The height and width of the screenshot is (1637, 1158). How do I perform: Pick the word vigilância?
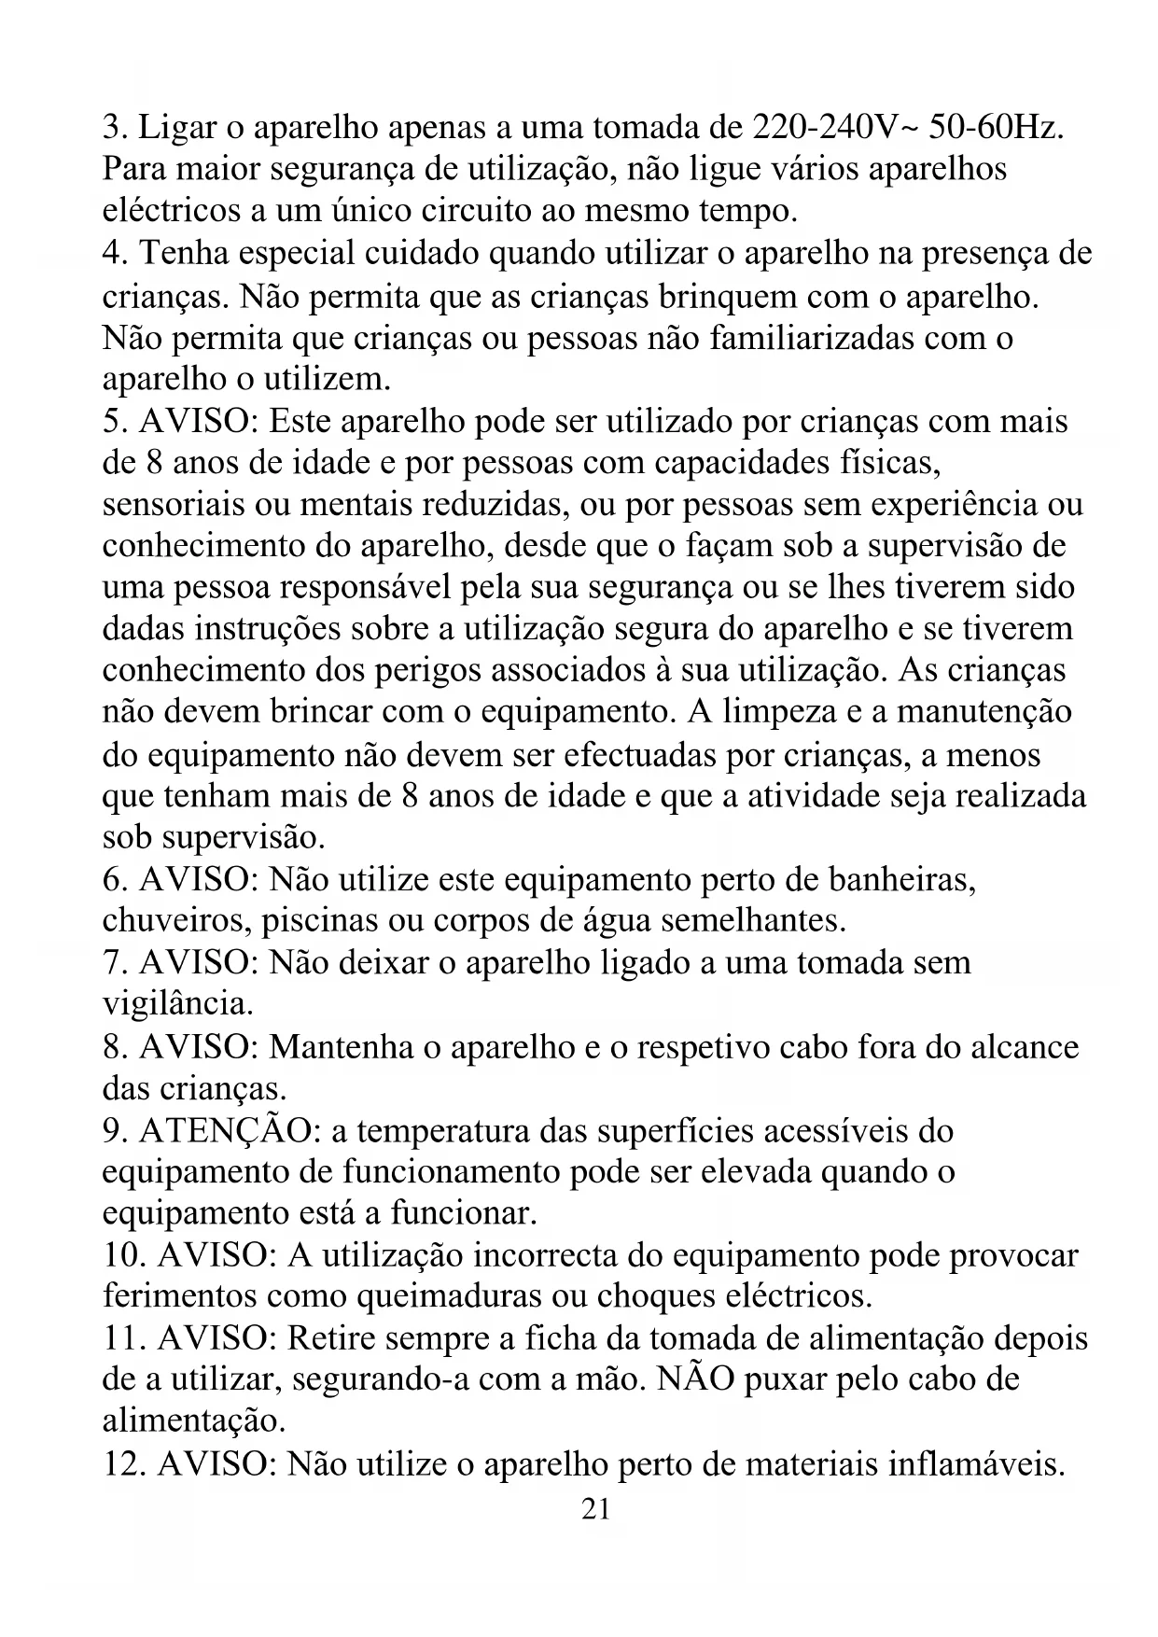[176, 1004]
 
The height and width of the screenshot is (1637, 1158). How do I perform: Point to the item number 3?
[115, 128]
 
